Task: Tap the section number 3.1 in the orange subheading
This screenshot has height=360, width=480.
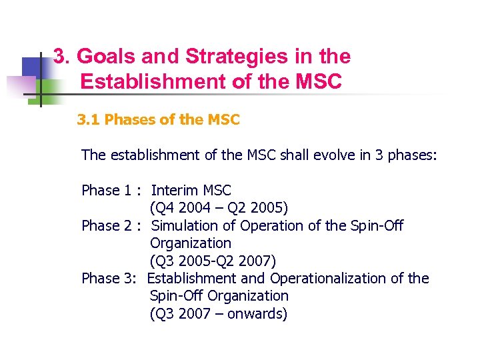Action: [89, 120]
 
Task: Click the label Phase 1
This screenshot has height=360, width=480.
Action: [106, 191]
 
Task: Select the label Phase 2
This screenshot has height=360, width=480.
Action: [106, 226]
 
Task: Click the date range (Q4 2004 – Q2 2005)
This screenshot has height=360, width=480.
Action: [219, 208]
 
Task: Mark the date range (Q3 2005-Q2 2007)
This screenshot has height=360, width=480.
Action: [213, 261]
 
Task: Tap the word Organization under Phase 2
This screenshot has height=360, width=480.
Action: [191, 243]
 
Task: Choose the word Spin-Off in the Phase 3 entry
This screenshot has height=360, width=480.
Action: [177, 296]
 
